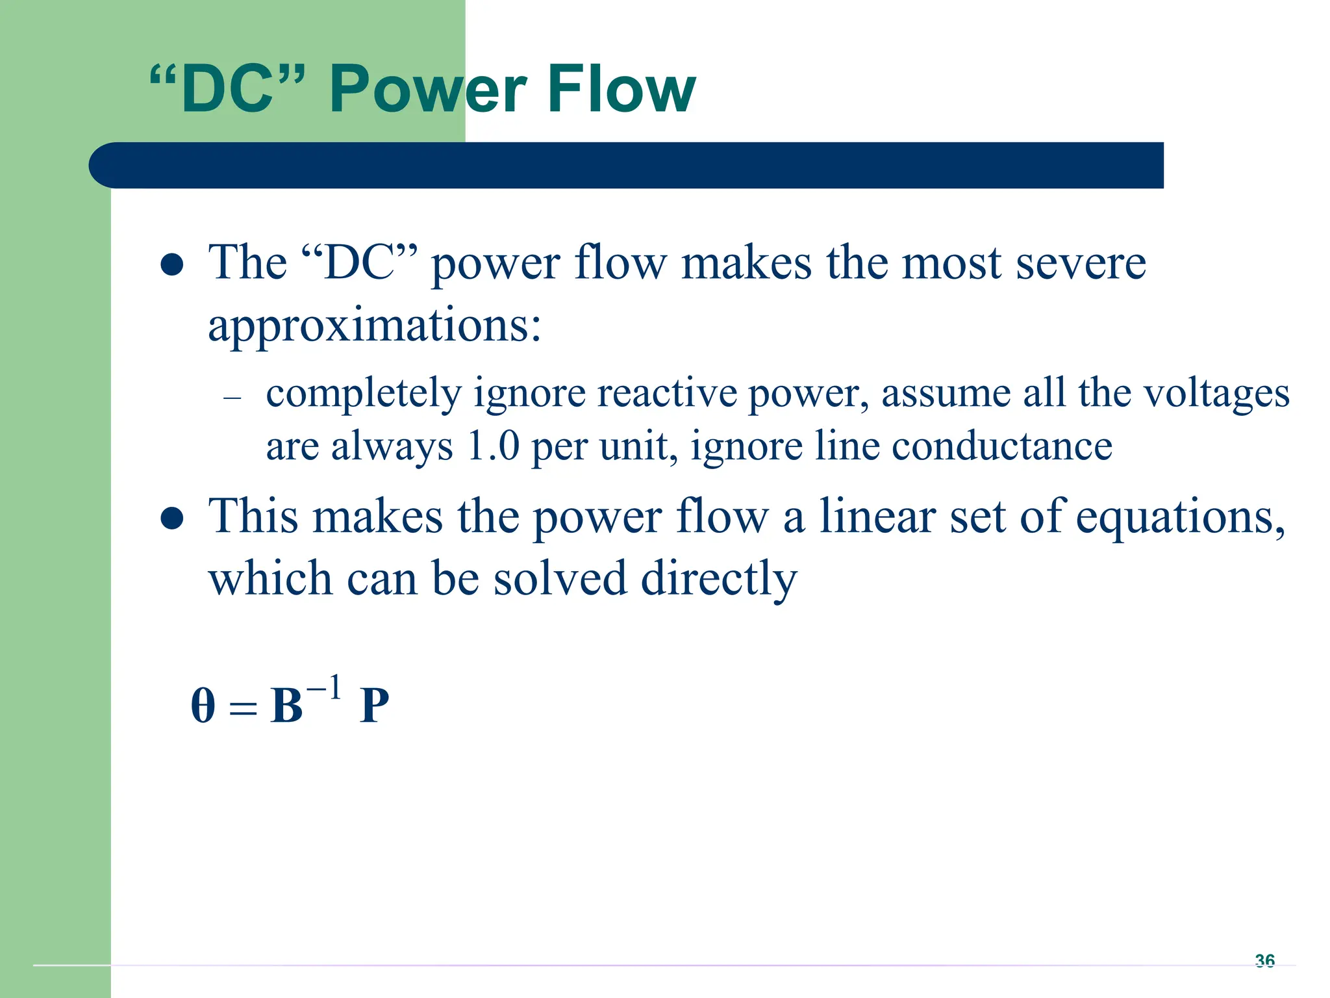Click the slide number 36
[1264, 960]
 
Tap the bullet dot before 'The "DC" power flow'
[172, 264]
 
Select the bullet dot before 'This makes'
[172, 518]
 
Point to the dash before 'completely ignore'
[232, 397]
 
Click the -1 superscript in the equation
[324, 688]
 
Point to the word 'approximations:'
[374, 326]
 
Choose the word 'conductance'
[1001, 446]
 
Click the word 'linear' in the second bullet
[877, 517]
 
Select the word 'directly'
[719, 578]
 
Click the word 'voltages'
[1216, 394]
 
